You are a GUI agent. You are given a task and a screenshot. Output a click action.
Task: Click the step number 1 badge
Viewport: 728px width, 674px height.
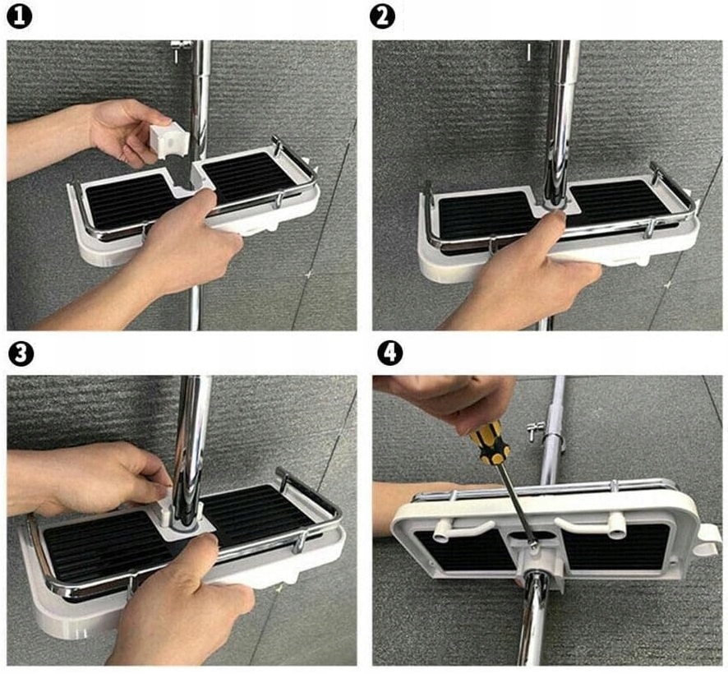click(20, 17)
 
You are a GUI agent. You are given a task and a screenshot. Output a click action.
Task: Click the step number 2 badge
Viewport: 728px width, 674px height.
click(383, 17)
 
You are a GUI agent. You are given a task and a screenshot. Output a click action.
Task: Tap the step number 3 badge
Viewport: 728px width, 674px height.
click(21, 353)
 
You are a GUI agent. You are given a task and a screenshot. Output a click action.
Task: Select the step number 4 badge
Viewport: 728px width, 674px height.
click(390, 353)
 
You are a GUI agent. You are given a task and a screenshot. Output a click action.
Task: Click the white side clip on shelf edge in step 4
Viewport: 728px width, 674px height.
click(707, 540)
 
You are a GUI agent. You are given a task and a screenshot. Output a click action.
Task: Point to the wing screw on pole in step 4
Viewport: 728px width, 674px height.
click(536, 431)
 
